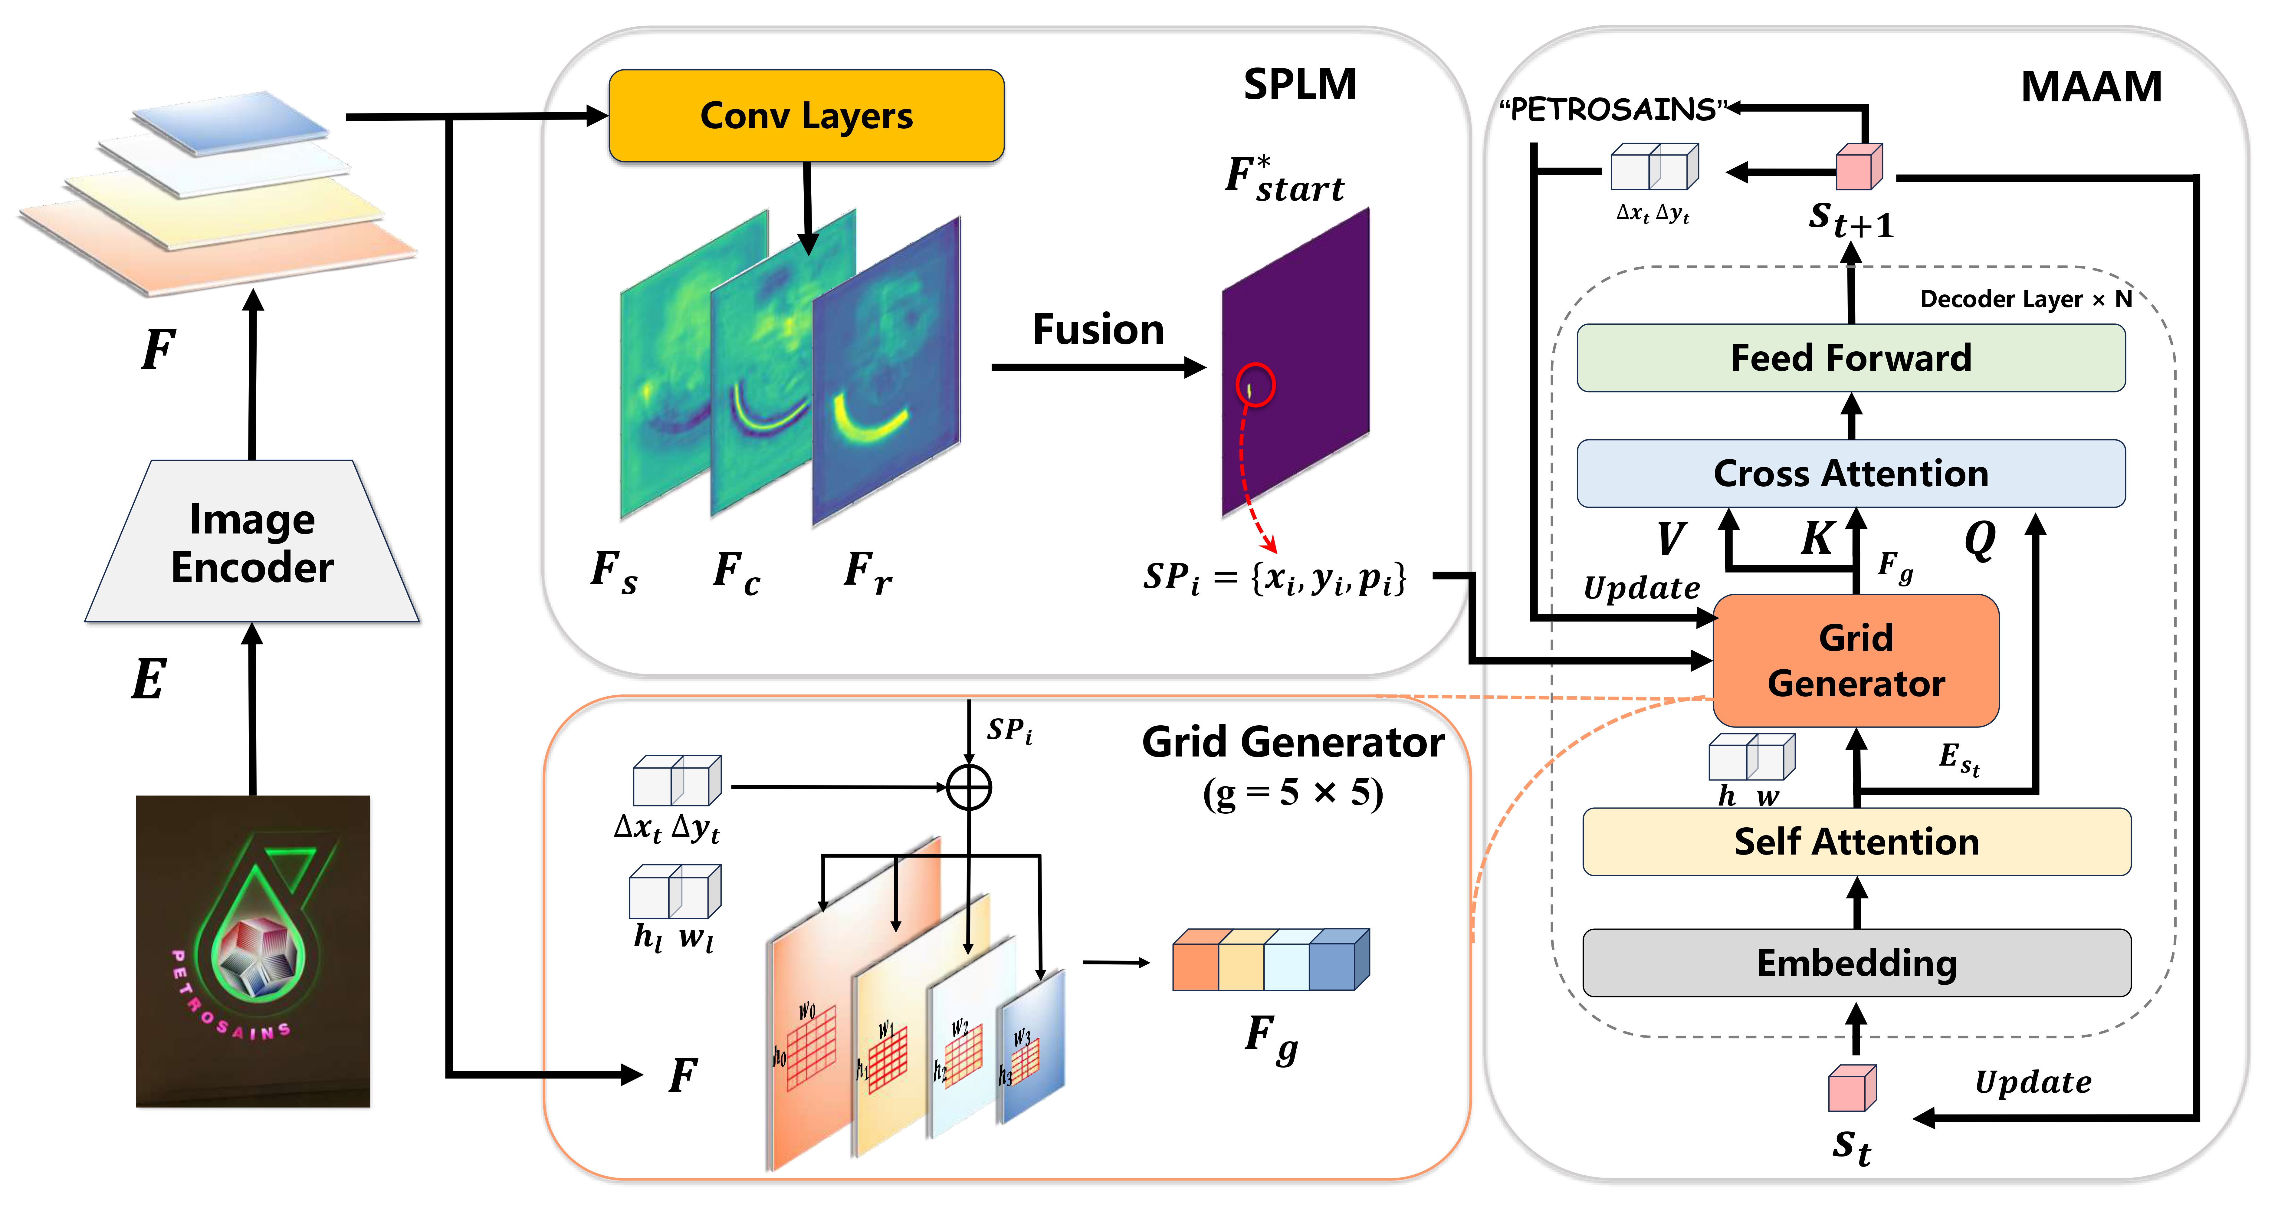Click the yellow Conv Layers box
pyautogui.click(x=806, y=116)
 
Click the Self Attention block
pyautogui.click(x=1856, y=841)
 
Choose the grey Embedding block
pyautogui.click(x=1856, y=963)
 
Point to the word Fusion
pyautogui.click(x=1098, y=330)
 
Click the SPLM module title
pyautogui.click(x=1299, y=84)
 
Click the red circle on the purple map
pyautogui.click(x=1255, y=385)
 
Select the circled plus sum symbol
pyautogui.click(x=969, y=787)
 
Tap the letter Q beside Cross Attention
pyautogui.click(x=1980, y=538)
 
